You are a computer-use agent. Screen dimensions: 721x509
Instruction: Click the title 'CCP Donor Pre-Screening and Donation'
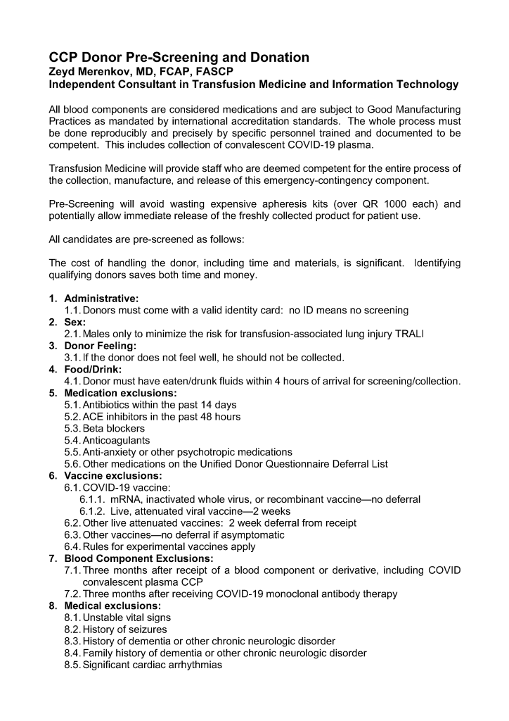pyautogui.click(x=179, y=57)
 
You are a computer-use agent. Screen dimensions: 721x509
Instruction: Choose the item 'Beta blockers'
pyautogui.click(x=114, y=428)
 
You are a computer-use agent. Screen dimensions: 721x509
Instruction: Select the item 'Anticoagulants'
pyautogui.click(x=116, y=440)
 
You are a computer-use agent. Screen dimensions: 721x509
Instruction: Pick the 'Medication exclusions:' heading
pyautogui.click(x=120, y=393)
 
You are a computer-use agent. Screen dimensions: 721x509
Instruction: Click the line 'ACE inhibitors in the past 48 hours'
pyautogui.click(x=161, y=416)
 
